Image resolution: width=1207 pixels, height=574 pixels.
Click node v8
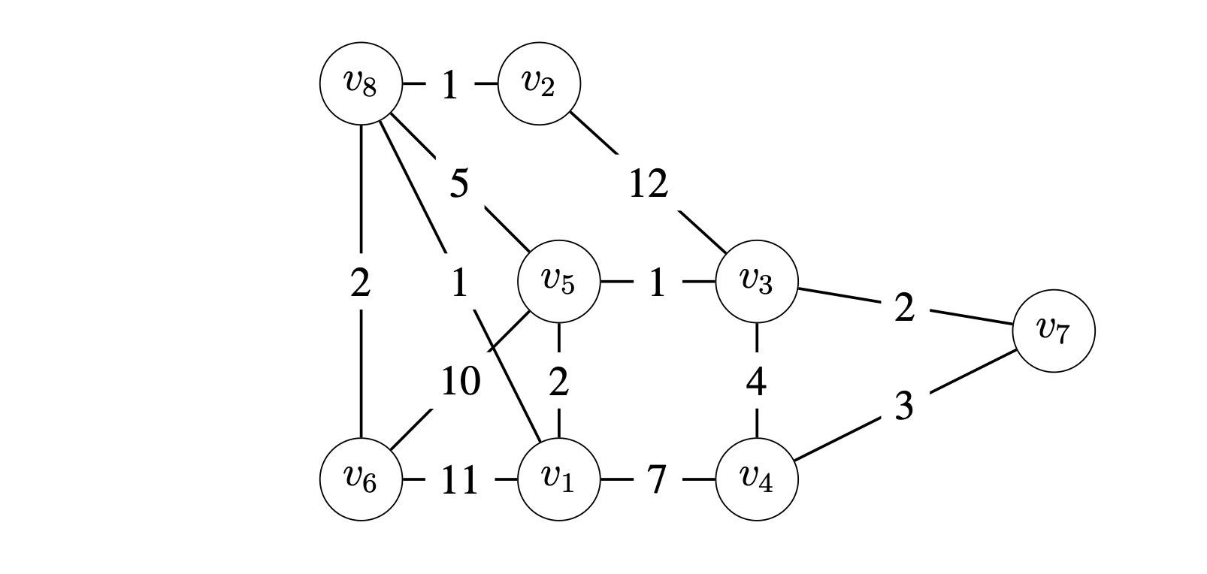click(361, 83)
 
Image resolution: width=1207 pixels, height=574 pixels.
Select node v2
click(539, 83)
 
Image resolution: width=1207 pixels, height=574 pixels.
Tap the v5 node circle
click(558, 281)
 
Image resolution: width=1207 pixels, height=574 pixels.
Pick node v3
click(756, 281)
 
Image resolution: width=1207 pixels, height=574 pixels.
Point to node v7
click(1054, 331)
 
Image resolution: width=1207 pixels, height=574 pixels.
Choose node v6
click(361, 479)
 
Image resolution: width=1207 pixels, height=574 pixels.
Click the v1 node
click(558, 479)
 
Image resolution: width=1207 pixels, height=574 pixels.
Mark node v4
click(756, 479)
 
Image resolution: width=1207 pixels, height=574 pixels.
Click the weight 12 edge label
click(648, 183)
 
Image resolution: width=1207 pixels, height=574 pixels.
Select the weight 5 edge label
click(459, 183)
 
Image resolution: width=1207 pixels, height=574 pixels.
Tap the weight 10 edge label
click(460, 381)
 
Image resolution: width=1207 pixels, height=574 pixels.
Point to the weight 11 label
click(459, 480)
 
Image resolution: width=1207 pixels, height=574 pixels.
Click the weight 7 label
click(656, 479)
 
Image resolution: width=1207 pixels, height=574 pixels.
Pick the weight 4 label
click(756, 382)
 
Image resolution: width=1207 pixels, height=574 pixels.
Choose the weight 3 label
click(904, 406)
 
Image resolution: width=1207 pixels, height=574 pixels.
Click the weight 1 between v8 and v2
click(449, 85)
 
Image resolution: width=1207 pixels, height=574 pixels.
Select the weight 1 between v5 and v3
click(657, 282)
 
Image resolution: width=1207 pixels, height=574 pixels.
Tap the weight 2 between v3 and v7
click(904, 307)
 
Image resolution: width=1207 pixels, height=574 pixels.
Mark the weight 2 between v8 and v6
click(361, 282)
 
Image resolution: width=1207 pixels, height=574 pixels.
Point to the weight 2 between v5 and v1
click(558, 382)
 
